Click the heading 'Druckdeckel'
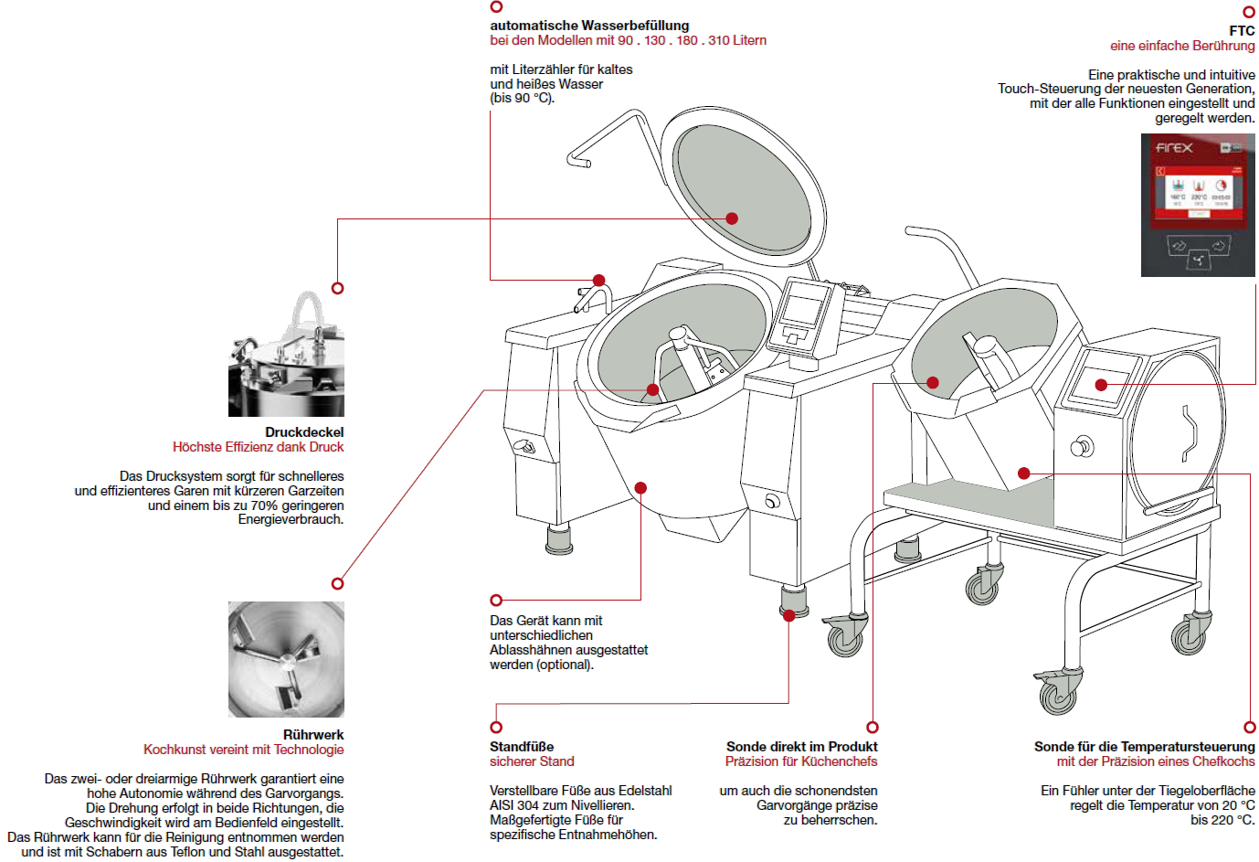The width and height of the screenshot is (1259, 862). point(304,432)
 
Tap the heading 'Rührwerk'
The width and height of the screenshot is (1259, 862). point(313,735)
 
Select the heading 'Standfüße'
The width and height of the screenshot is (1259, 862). point(522,747)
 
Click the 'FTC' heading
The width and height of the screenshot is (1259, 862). point(1242,31)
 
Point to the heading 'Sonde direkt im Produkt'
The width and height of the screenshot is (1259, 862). point(801,747)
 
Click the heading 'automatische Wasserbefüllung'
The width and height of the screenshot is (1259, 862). point(589,26)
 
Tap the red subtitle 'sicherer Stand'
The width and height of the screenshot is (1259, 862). point(532,761)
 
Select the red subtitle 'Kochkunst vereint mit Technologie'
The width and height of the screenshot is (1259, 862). point(243,750)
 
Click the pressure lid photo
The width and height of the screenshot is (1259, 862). point(286,354)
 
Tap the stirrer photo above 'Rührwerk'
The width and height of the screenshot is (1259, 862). point(286,659)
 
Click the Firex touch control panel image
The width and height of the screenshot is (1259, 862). point(1198,205)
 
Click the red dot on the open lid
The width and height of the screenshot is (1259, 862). point(732,218)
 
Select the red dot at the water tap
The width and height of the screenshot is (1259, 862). point(598,281)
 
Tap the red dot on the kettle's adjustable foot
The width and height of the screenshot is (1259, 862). point(789,615)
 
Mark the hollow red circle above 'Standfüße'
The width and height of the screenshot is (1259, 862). point(496,728)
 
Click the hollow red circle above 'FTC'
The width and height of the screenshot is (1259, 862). point(1249,12)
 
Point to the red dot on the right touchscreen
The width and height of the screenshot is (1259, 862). point(1101,385)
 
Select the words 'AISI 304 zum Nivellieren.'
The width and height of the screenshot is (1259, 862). point(562,805)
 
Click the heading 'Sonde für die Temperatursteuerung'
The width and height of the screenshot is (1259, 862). point(1144,747)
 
